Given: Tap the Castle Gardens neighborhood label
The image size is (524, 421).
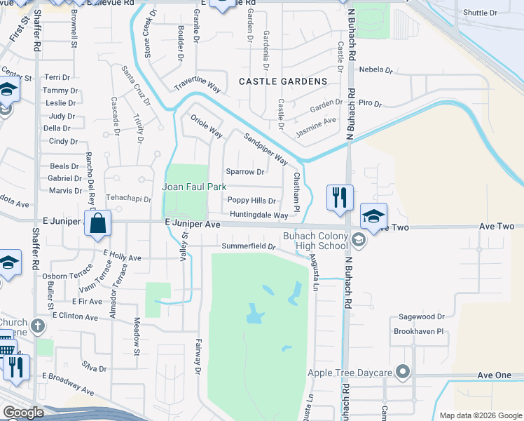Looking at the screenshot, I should pyautogui.click(x=283, y=81).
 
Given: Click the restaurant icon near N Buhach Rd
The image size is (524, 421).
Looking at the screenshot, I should pyautogui.click(x=340, y=197).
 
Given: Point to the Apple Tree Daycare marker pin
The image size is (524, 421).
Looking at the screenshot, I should pyautogui.click(x=402, y=371).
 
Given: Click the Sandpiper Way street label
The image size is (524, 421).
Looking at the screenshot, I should pyautogui.click(x=266, y=148).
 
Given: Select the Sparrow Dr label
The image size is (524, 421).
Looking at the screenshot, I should pyautogui.click(x=245, y=172).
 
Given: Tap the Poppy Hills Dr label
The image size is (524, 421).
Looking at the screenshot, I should pyautogui.click(x=251, y=201).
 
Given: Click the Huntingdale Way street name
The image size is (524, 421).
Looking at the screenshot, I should pyautogui.click(x=257, y=215).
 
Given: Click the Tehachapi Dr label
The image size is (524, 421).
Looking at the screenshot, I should pyautogui.click(x=128, y=199).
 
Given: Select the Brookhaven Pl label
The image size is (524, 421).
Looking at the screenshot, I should pyautogui.click(x=419, y=331).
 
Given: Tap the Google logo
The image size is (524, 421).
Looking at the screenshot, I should pyautogui.click(x=24, y=413).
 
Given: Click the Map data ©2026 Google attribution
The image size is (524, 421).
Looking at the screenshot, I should pyautogui.click(x=480, y=415).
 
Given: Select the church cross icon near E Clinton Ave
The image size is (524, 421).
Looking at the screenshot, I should pyautogui.click(x=38, y=326).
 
